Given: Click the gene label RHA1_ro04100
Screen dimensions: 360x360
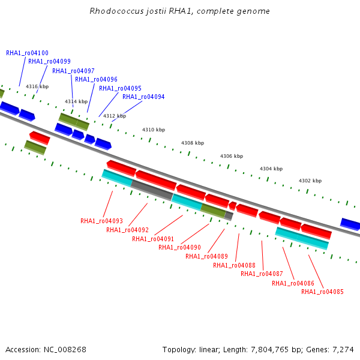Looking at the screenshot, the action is click(28, 53).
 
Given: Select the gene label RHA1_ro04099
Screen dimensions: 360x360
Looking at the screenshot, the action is click(49, 61).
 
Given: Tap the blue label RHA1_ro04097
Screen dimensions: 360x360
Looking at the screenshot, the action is click(73, 71).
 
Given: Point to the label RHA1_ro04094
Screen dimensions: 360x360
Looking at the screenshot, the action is click(143, 97).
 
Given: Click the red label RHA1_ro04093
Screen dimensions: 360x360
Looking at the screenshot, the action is click(102, 221).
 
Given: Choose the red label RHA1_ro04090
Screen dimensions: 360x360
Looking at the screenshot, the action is click(179, 247).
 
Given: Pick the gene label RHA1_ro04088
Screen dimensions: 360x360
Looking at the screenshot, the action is click(234, 265).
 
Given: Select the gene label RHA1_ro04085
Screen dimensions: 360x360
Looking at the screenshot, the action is click(322, 292).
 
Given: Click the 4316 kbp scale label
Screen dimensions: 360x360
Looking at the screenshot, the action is click(37, 86).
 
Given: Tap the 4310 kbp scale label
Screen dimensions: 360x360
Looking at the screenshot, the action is click(154, 130).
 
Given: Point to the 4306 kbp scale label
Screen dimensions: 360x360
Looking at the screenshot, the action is click(232, 156).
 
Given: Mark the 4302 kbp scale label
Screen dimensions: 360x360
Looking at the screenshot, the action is click(310, 181).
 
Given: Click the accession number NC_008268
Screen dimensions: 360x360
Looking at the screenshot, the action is click(65, 350).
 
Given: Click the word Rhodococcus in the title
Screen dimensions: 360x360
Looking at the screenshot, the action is click(116, 11).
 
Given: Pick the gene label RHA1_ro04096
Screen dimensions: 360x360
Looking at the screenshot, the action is click(96, 79).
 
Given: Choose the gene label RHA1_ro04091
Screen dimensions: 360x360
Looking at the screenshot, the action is click(153, 239).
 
